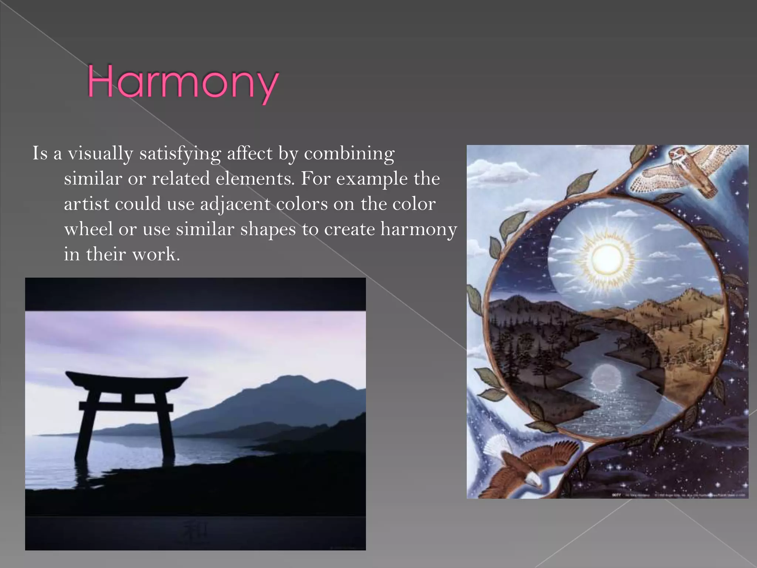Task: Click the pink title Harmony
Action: [183, 82]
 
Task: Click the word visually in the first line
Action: [100, 153]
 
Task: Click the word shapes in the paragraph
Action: [268, 229]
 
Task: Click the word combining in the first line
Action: [349, 153]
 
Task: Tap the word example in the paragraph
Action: [371, 179]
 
